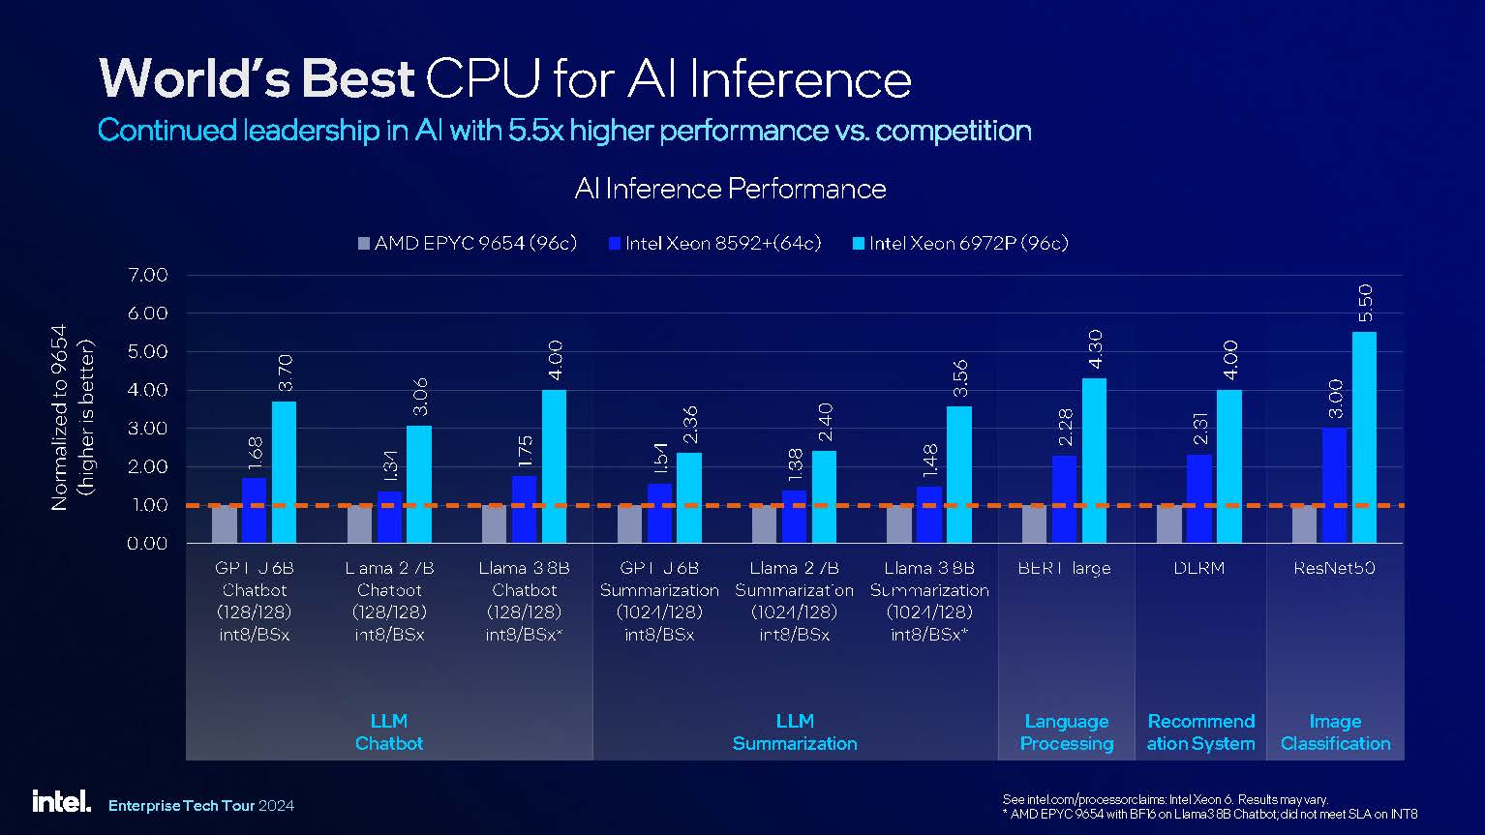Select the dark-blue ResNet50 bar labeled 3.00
[x=1334, y=485]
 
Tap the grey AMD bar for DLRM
[x=1169, y=523]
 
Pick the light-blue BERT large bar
[x=1094, y=461]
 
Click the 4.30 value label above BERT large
[x=1096, y=348]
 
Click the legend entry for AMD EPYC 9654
[x=468, y=243]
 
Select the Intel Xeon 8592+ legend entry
[x=714, y=243]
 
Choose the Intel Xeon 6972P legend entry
[x=959, y=243]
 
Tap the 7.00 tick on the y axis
[x=148, y=275]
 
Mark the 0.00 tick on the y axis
[x=148, y=543]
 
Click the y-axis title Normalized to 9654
[x=60, y=416]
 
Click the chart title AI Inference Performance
[x=730, y=188]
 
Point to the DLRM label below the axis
[x=1199, y=568]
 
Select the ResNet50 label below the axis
[x=1334, y=568]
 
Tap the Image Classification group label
[x=1335, y=732]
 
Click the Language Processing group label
[x=1067, y=732]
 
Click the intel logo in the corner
[x=61, y=801]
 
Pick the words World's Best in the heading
[x=257, y=78]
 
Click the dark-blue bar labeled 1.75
[x=524, y=509]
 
